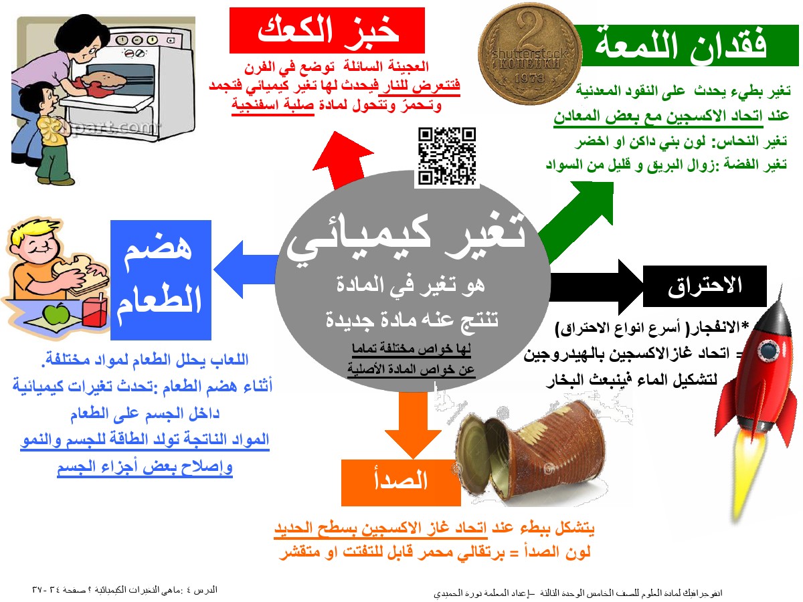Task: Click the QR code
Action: [x=447, y=155]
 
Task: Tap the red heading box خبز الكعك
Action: [x=327, y=30]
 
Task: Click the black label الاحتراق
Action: [x=705, y=286]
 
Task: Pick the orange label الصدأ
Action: [x=401, y=482]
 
